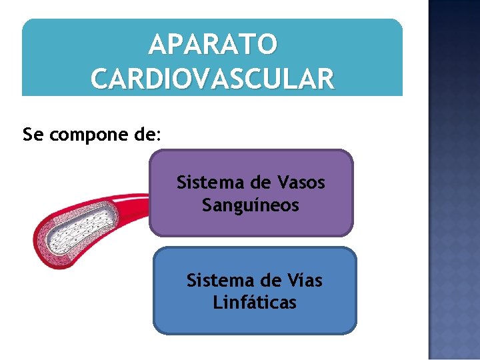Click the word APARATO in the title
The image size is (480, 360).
tap(213, 45)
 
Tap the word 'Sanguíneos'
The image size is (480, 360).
tap(251, 205)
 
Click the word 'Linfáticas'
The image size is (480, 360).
tap(255, 303)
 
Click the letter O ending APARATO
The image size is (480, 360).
tap(265, 45)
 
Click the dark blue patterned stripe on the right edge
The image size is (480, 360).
tap(453, 180)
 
